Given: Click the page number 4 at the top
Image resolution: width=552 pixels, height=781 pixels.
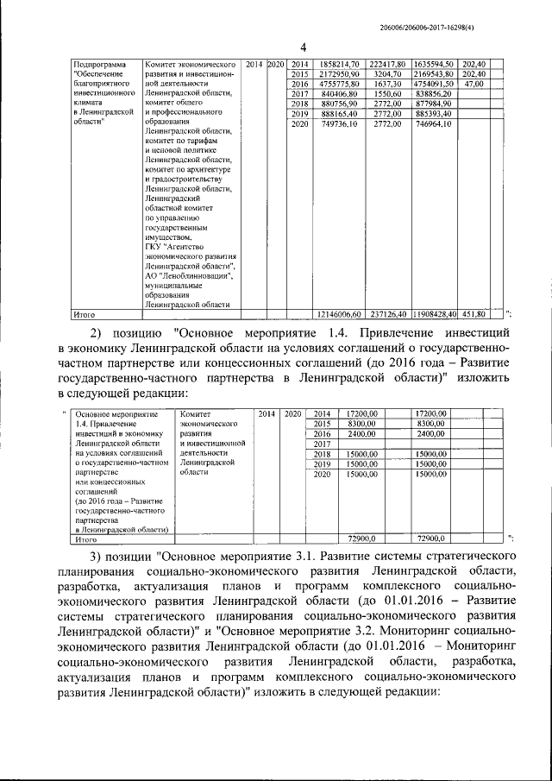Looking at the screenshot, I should point(279,47).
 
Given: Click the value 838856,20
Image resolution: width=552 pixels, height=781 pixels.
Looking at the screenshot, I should point(433,93).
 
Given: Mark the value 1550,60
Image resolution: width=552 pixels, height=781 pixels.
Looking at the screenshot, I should point(386,93).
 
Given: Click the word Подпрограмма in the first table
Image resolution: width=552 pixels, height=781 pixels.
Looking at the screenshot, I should point(100,65).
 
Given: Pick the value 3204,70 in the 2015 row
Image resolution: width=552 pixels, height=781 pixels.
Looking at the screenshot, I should point(386,74).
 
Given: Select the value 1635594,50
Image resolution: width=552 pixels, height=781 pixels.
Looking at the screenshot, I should point(433,65).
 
